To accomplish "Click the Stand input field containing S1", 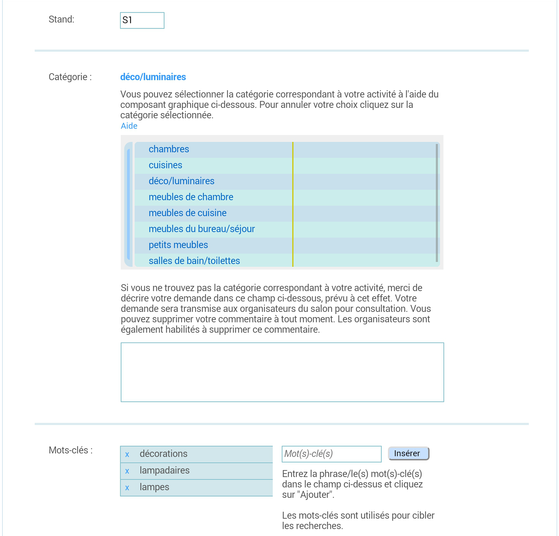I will tap(142, 20).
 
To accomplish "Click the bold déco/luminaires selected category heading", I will tap(153, 77).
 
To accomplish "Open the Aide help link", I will tap(129, 126).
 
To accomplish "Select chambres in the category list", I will tap(169, 149).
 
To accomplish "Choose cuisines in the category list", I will tap(166, 165).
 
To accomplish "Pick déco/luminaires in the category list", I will tap(181, 181).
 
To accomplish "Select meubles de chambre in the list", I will tap(191, 197).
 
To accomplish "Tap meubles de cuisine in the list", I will tap(187, 213).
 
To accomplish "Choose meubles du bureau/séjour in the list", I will tap(202, 229).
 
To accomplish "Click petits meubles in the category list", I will tap(178, 245).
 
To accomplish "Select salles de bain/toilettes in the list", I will tap(194, 261).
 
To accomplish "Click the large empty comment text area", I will tap(282, 372).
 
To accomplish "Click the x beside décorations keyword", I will tap(127, 454).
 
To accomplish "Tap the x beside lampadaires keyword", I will tap(127, 471).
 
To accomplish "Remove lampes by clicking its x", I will tap(127, 488).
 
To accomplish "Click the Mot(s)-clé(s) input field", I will tap(331, 454).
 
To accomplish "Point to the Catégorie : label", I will tap(70, 77).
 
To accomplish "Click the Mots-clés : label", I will tap(71, 450).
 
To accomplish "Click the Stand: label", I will tap(61, 19).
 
